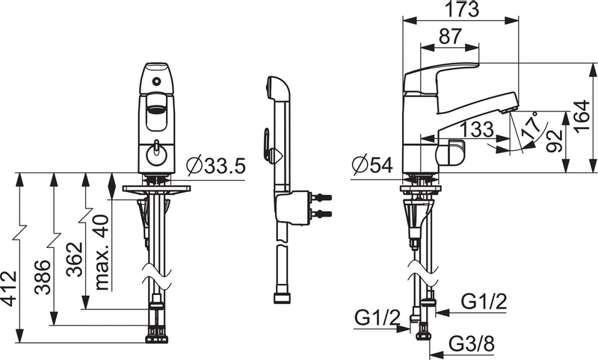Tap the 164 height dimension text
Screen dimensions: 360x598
[580, 117]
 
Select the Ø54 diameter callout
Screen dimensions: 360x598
[371, 165]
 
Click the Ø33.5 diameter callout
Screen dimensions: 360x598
[215, 165]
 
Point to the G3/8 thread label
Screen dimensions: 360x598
[472, 346]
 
